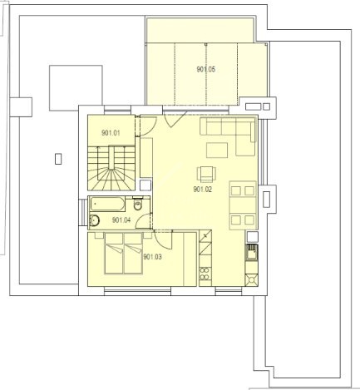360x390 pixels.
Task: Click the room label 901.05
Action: point(205,69)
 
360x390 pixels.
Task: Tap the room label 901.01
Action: point(111,133)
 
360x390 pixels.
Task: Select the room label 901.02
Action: point(203,190)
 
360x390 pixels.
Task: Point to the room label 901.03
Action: point(152,257)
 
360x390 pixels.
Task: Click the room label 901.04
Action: point(121,220)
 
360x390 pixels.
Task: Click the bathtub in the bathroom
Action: point(107,204)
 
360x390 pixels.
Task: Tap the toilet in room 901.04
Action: point(137,204)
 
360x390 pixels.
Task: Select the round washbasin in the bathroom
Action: point(95,220)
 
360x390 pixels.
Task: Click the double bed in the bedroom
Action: point(124,254)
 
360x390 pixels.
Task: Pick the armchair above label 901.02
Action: point(206,174)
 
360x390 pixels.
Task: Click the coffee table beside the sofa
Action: point(217,150)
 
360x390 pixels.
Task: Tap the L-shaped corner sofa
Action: point(228,136)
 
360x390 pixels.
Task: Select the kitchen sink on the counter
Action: point(252,252)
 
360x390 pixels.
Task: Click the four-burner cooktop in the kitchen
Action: point(205,274)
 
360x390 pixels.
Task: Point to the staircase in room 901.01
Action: point(111,168)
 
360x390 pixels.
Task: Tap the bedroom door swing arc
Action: point(163,239)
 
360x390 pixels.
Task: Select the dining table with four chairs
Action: point(243,205)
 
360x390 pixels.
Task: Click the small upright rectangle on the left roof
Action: point(58,159)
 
